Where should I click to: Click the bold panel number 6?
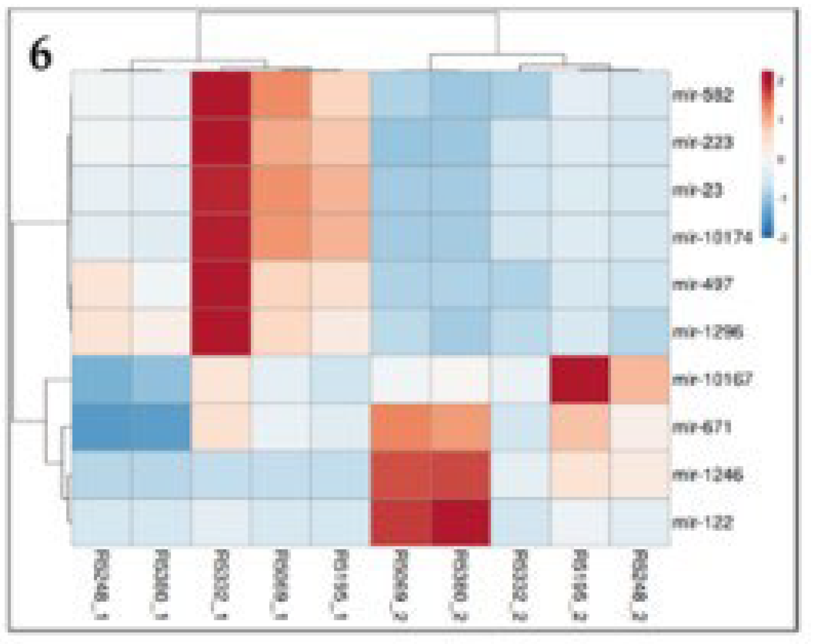click(x=40, y=55)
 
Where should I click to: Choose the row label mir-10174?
click(x=712, y=238)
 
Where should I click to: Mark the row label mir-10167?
click(x=712, y=380)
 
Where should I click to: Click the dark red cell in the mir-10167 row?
click(x=580, y=379)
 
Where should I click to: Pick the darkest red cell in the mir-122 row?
click(x=460, y=522)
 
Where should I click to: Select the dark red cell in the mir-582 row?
click(x=221, y=95)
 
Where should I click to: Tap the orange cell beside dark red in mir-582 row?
click(x=281, y=95)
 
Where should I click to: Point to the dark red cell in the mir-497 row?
click(x=221, y=285)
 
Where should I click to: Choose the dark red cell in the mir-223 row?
click(x=221, y=143)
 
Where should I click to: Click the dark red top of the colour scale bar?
click(x=768, y=78)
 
